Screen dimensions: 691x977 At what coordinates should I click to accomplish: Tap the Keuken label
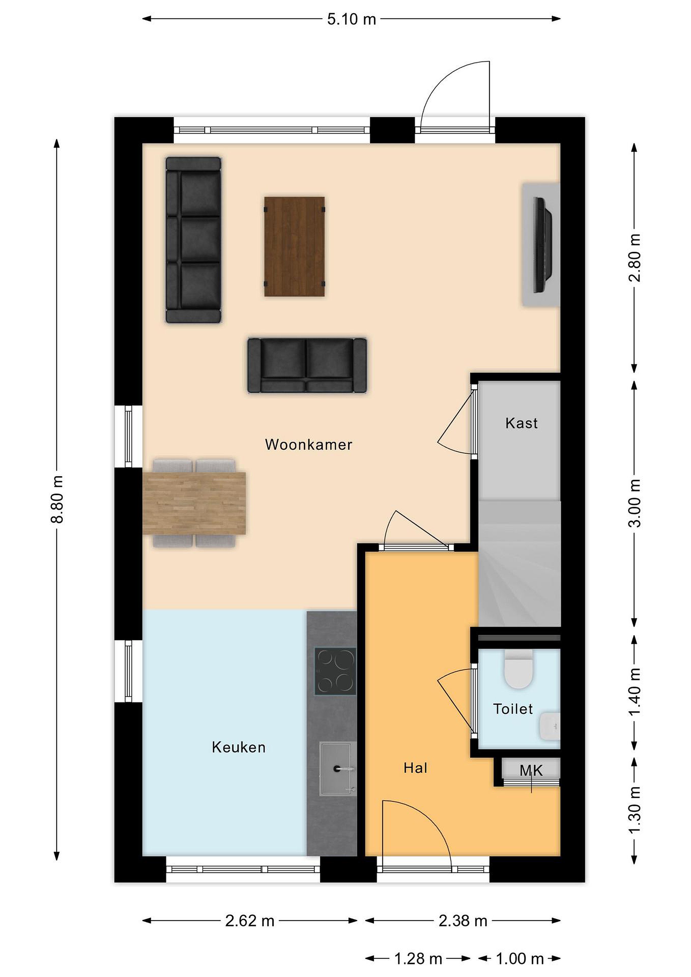pos(239,747)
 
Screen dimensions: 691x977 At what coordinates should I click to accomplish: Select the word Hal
pos(415,768)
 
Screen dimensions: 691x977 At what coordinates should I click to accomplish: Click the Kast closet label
pos(522,423)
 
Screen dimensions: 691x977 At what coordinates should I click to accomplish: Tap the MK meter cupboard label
pos(532,771)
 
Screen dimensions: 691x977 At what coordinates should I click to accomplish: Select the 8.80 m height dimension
pos(57,499)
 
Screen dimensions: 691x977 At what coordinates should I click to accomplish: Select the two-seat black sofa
pos(307,365)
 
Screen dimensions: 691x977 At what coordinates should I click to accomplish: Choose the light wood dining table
pos(194,503)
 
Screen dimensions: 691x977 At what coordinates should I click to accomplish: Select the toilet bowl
pos(519,669)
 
